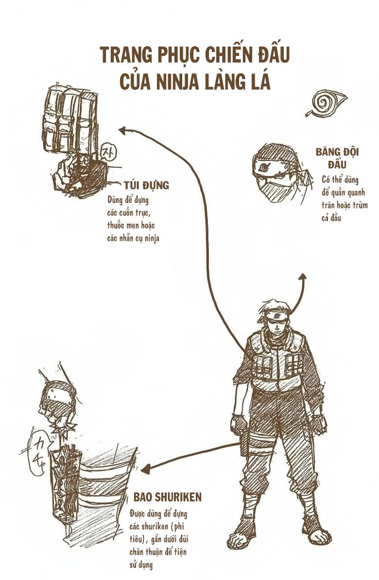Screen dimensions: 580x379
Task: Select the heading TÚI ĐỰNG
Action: tap(146, 186)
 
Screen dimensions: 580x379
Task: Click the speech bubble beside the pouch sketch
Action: tap(106, 152)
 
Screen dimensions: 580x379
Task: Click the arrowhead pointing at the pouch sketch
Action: tap(122, 130)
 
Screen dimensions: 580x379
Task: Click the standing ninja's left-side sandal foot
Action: tap(242, 536)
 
